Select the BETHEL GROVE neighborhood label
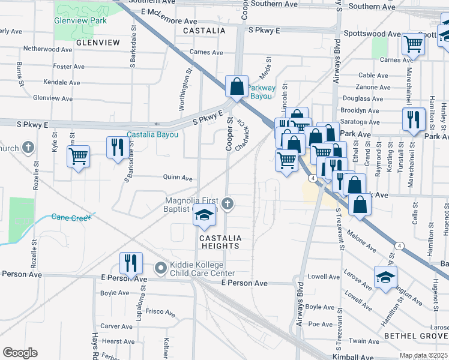tap(415, 335)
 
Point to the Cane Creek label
tap(70, 217)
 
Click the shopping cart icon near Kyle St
tap(79, 157)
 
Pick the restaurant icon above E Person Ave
tap(130, 262)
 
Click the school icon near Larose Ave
tap(385, 277)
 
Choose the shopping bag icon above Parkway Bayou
tap(237, 86)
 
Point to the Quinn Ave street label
tap(178, 178)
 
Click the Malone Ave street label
tap(362, 245)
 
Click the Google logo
tap(20, 353)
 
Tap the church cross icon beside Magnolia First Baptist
tap(227, 204)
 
